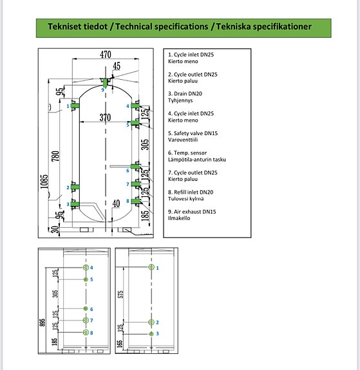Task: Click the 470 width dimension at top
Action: point(106,55)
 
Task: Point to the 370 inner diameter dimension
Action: point(105,117)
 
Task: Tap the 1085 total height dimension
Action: point(44,181)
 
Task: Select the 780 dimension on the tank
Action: point(55,156)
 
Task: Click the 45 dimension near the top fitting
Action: point(117,66)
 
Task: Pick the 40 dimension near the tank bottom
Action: point(116,203)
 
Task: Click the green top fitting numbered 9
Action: point(105,83)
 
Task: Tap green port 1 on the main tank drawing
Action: point(75,106)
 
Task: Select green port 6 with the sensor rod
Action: point(135,167)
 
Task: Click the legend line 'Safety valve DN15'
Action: point(193,133)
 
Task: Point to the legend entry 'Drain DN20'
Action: point(185,94)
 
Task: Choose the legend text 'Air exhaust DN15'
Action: point(192,212)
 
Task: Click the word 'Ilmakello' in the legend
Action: point(179,218)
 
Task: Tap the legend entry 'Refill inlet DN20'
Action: point(191,192)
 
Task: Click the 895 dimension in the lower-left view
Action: point(43,322)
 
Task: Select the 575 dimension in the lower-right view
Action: point(120,294)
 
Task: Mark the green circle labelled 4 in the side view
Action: point(86,267)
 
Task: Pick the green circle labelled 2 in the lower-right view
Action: point(151,322)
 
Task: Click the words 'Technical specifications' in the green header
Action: point(162,26)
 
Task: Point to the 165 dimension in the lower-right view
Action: point(120,343)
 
